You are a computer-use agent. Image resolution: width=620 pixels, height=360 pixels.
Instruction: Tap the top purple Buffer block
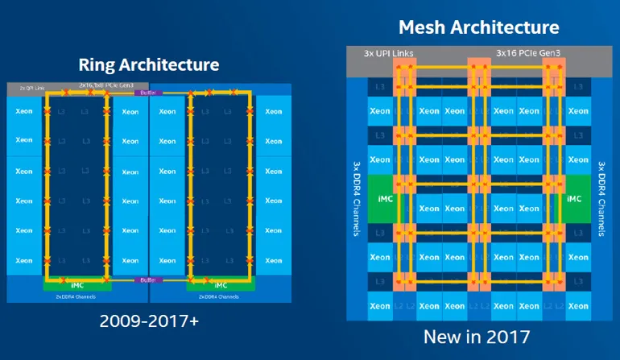[x=148, y=93]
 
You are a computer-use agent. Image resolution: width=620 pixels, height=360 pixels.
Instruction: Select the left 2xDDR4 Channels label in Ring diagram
[x=76, y=296]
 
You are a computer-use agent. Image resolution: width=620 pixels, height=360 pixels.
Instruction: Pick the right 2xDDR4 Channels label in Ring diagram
[x=219, y=296]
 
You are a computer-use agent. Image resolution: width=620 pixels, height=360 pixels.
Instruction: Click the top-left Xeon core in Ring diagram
[x=23, y=111]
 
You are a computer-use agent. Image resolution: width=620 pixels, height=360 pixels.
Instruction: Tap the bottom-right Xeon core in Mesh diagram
[x=577, y=307]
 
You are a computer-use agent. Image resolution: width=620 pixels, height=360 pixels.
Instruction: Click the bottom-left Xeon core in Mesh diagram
[x=379, y=307]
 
